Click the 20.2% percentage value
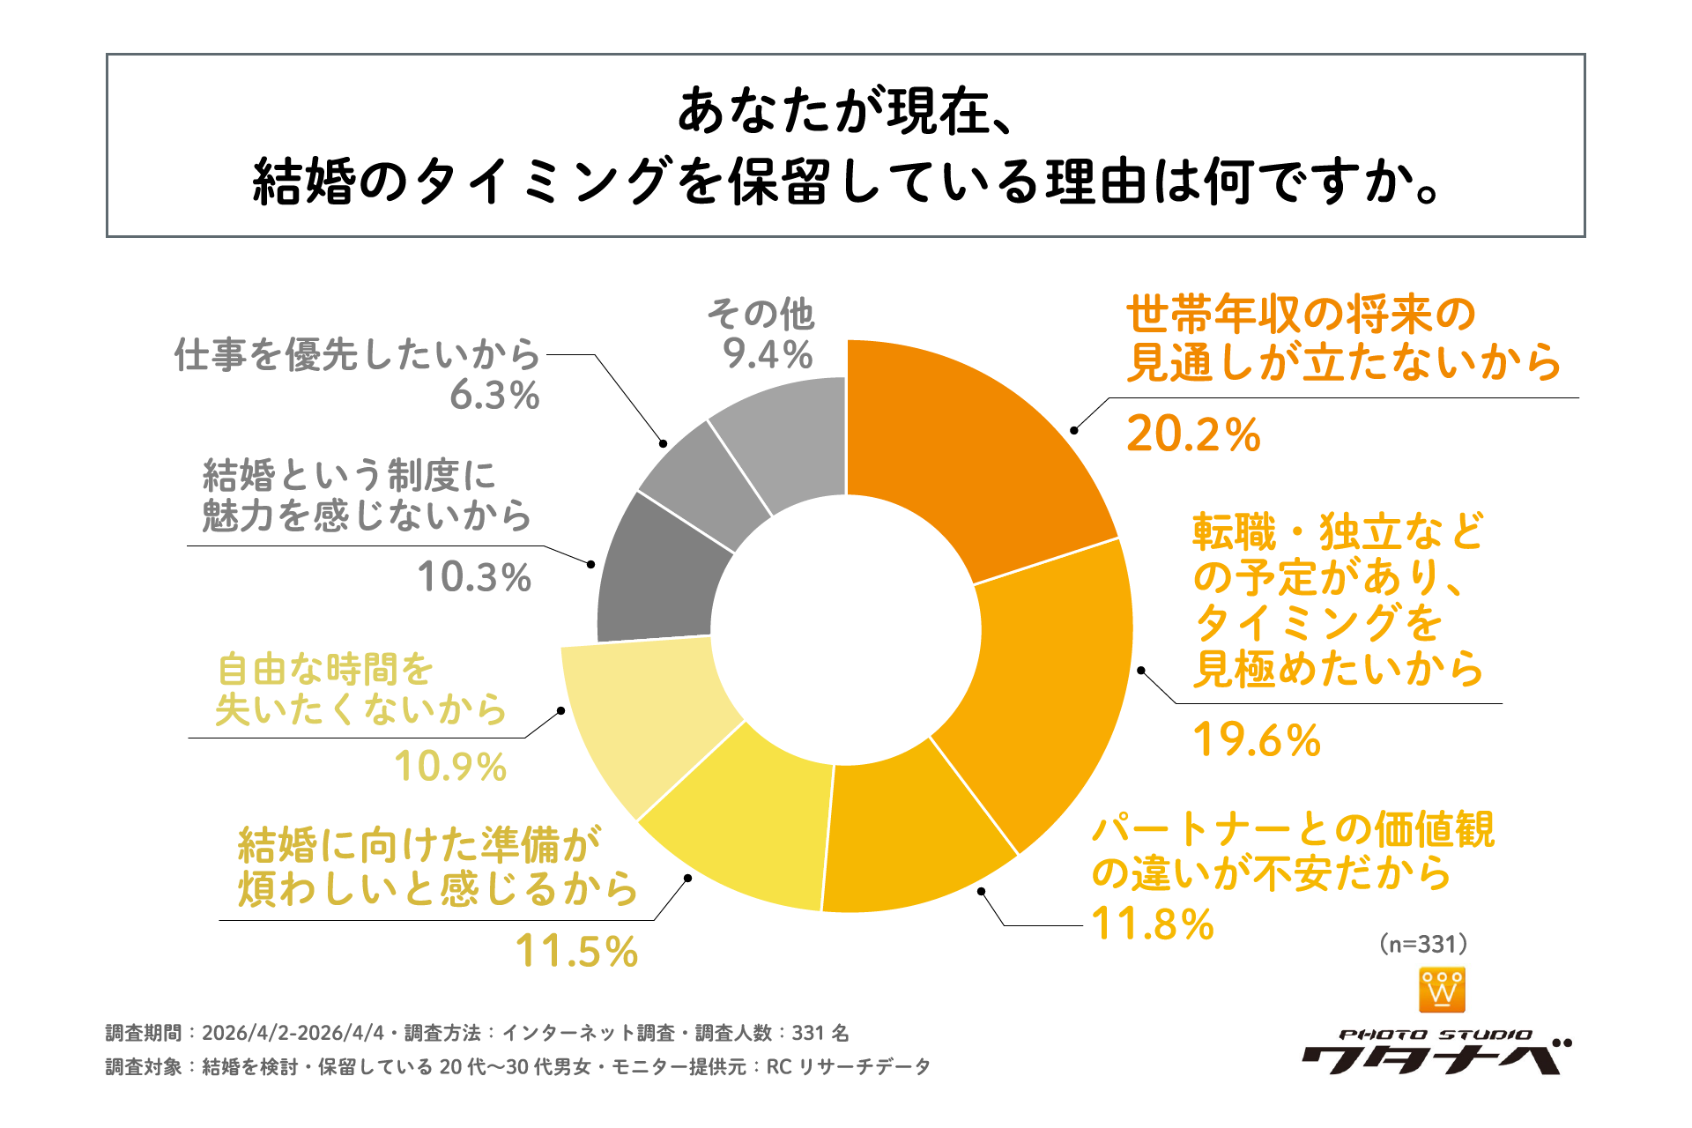tap(1193, 434)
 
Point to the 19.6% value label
tap(1256, 740)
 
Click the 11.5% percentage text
tap(576, 952)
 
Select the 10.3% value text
tap(474, 578)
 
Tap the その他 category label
tap(761, 314)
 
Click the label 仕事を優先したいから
tap(357, 354)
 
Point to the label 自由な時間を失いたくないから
tap(361, 690)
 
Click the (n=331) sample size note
tap(1423, 944)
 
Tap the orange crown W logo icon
tap(1442, 990)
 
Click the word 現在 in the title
tap(939, 112)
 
